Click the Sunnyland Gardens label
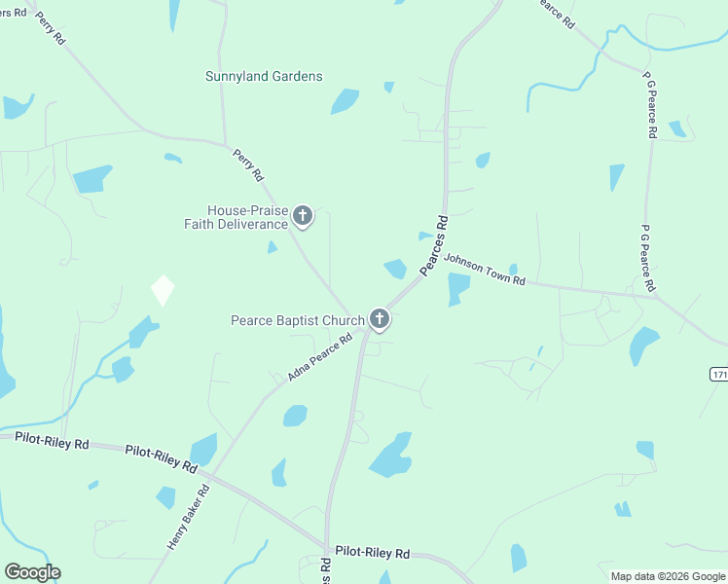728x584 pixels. point(264,76)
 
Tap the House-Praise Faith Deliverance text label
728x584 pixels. point(237,217)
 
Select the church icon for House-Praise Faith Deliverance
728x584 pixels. point(303,216)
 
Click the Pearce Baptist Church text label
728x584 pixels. point(297,319)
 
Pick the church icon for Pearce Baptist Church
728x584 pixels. point(379,319)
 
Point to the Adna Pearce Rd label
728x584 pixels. point(319,359)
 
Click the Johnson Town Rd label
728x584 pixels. point(485,269)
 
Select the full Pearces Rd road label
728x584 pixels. point(434,244)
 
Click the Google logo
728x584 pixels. point(32,572)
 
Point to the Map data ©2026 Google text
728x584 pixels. point(668,576)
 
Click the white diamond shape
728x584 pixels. point(163,290)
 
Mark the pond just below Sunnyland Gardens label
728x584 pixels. point(345,101)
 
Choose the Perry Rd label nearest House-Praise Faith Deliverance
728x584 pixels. point(247,164)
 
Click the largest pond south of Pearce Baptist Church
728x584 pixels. point(391,456)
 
